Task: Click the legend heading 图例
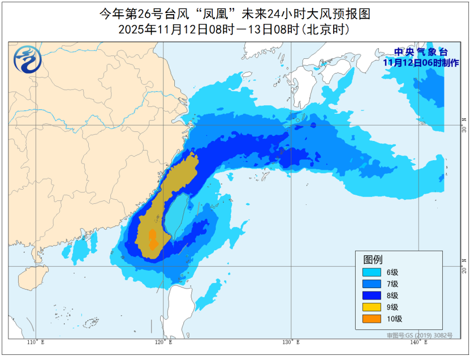(x=373, y=259)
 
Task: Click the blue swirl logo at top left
(x=26, y=59)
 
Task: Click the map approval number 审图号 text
(x=420, y=336)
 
